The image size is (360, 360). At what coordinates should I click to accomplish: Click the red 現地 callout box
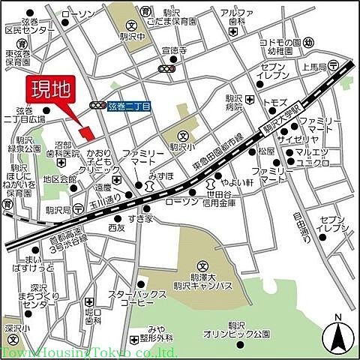(x=49, y=91)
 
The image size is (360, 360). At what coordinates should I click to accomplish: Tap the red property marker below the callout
(x=88, y=133)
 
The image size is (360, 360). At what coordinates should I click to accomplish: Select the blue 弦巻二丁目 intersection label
(x=129, y=106)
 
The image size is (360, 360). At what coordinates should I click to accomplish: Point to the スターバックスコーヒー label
(x=132, y=298)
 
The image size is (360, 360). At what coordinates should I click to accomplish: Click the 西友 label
(x=116, y=226)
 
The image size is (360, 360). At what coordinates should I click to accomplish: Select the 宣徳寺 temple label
(x=173, y=52)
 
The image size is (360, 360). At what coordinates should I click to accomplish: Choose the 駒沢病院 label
(x=237, y=103)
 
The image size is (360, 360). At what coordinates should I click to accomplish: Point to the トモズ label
(x=274, y=101)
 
